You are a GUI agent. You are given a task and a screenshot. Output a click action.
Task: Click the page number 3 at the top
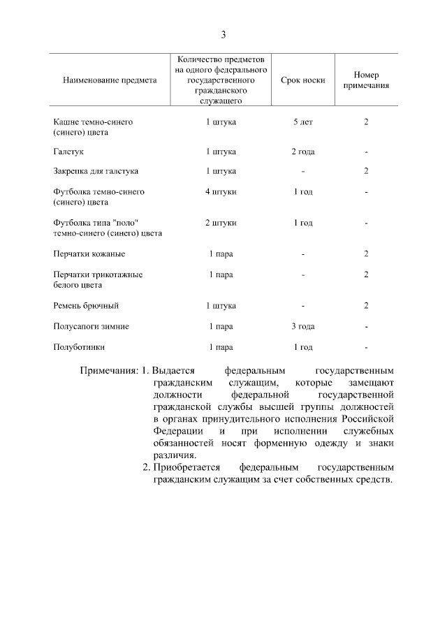coord(223,34)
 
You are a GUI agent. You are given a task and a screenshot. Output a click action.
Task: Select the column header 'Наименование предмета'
coord(110,80)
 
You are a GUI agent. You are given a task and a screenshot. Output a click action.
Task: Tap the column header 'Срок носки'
coord(303,80)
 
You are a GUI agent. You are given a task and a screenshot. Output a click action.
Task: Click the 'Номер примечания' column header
coord(366,80)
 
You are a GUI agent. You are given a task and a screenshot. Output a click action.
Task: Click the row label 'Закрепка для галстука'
coord(96,170)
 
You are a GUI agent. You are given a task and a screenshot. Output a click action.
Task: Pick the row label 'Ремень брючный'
coord(86,306)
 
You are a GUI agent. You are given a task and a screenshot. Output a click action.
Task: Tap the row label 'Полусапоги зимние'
coord(91,326)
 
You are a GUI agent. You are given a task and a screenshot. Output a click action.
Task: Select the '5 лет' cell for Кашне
coord(303,122)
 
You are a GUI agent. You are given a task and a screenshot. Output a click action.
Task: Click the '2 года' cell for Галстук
coord(303,151)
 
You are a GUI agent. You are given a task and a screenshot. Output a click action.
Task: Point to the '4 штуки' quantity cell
coord(221,191)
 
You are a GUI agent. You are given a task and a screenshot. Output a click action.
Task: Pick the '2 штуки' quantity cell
coord(221,223)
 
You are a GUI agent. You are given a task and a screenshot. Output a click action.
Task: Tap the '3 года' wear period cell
coord(303,326)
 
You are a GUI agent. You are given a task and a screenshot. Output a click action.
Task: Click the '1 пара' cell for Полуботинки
coord(221,346)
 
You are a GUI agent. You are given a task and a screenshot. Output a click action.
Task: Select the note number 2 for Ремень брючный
coord(366,306)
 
